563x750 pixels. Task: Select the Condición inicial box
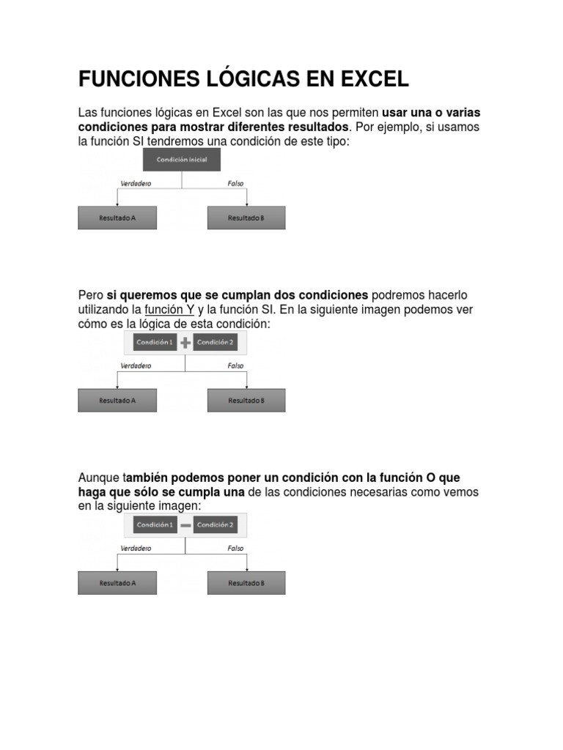[x=182, y=160]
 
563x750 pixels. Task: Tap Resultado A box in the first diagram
[x=117, y=218]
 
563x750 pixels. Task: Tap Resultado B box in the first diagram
[x=246, y=218]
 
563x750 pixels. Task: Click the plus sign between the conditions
[x=185, y=343]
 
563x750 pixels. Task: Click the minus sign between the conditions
[x=185, y=525]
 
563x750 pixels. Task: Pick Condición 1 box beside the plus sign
[x=155, y=342]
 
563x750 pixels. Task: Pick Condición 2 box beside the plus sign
[x=216, y=342]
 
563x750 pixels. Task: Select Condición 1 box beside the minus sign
[x=155, y=524]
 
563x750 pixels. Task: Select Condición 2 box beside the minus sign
[x=216, y=524]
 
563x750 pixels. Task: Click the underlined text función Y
[x=169, y=310]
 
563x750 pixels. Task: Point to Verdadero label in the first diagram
[x=136, y=184]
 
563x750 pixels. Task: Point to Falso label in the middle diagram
[x=235, y=365]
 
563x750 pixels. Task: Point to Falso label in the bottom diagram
[x=235, y=548]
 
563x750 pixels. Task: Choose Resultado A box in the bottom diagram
[x=117, y=583]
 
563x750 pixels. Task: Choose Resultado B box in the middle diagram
[x=246, y=401]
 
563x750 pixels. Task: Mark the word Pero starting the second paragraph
[x=91, y=295]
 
